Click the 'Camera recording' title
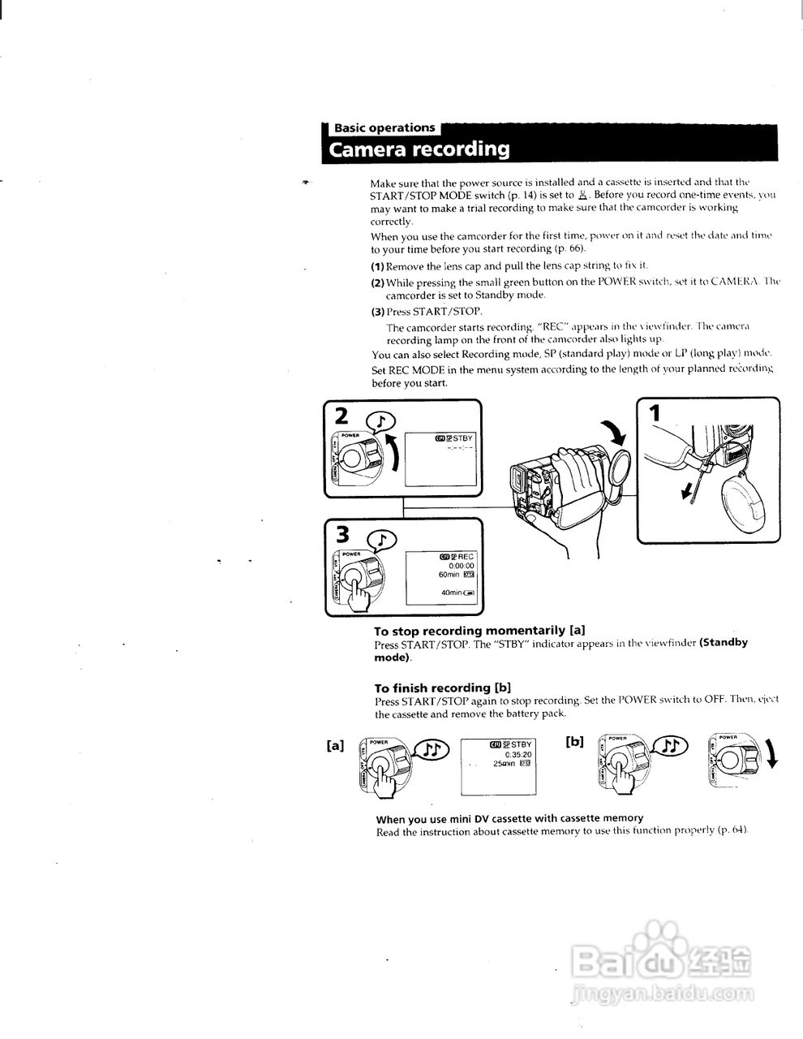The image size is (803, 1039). click(x=419, y=150)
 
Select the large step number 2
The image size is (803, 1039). click(x=342, y=416)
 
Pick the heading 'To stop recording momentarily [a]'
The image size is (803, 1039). click(x=479, y=631)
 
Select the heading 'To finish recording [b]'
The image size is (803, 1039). click(x=442, y=688)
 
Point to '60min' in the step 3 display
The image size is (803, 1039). click(x=449, y=575)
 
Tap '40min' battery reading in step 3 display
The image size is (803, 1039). click(x=452, y=593)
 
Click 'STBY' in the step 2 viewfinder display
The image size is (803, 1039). click(x=462, y=438)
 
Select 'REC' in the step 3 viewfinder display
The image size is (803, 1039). click(x=466, y=557)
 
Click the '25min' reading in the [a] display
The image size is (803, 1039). click(x=505, y=763)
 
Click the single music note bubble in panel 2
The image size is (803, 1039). click(x=381, y=420)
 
